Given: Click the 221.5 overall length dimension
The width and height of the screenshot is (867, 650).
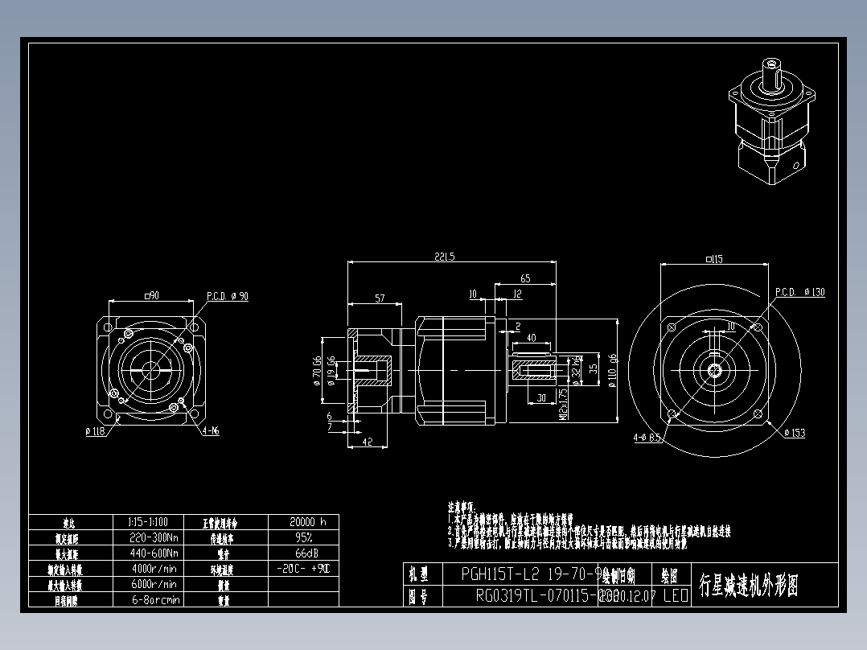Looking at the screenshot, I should point(444,257).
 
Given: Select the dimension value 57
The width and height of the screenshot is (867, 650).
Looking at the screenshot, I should point(380,298).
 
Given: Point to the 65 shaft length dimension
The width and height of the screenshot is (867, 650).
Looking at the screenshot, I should point(525,278).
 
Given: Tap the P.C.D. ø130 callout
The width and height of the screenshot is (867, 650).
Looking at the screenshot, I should point(800,292).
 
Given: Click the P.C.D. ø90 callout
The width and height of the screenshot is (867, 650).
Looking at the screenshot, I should point(228,296).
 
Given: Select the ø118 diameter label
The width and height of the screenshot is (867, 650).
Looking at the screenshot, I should point(96,431).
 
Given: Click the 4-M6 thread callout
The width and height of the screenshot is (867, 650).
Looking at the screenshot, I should point(212,431).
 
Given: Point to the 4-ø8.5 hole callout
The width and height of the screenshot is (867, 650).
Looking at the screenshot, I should point(647,438).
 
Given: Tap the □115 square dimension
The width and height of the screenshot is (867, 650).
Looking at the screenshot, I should point(714,259).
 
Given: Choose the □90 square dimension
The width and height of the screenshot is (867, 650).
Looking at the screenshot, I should point(151,295).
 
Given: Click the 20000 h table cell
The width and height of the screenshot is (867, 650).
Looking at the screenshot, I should point(303,521).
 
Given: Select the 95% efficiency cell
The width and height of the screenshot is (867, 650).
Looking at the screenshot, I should point(303,537).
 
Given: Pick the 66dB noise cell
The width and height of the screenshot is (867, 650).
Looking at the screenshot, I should point(303,553).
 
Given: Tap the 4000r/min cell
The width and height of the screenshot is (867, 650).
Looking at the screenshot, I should point(153,569).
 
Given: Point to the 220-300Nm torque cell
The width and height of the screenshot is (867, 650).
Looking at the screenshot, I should point(153,537).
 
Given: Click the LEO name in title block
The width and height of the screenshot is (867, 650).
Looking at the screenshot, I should point(675,596).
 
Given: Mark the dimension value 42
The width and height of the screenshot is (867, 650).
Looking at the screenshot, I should point(367,442).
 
